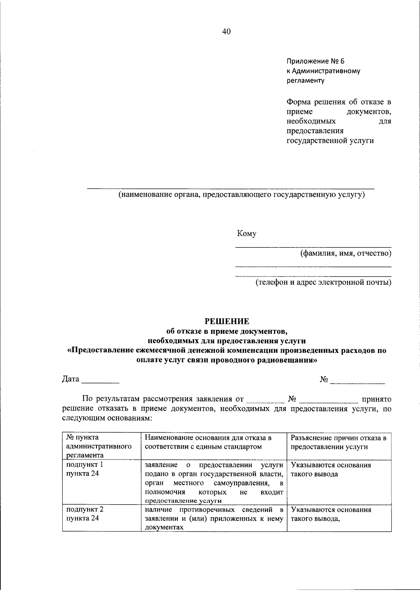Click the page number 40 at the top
click(226, 32)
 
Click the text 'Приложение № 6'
click(316, 61)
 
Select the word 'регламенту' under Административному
click(305, 81)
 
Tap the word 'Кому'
click(246, 234)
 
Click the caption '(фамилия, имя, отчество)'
click(346, 253)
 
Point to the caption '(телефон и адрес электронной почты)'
click(323, 282)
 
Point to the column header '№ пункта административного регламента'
click(99, 446)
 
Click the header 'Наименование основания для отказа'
click(208, 437)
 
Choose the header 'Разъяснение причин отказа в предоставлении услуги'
click(338, 442)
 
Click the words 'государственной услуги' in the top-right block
click(330, 140)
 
